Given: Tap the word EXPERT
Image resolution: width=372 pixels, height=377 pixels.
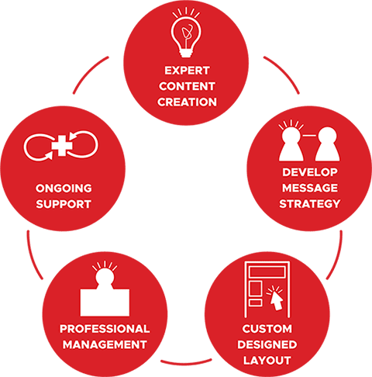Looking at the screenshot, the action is (x=187, y=71).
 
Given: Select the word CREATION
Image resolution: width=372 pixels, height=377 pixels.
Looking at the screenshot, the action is (x=187, y=102).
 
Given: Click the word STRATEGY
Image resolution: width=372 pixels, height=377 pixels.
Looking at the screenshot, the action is (x=310, y=204).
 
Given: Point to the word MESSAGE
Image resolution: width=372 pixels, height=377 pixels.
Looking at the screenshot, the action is (x=310, y=188).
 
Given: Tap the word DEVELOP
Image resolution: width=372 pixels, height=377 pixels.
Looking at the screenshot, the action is (x=310, y=172).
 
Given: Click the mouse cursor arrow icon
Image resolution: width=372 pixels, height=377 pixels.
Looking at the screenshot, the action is (x=276, y=298).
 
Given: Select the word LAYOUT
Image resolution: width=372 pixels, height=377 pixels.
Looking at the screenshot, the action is (x=267, y=361).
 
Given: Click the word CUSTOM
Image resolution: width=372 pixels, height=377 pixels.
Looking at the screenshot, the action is (x=267, y=329).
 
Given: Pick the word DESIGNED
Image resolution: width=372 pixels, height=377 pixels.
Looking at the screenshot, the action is (x=267, y=344).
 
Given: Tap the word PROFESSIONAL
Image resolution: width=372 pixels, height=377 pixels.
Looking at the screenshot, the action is (x=105, y=329).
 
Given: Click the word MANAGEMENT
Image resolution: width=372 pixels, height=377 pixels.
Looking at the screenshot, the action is (x=105, y=344).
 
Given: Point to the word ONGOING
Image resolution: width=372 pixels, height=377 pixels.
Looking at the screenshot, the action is (x=64, y=188).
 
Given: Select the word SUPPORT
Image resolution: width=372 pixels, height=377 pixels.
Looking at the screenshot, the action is (x=64, y=204).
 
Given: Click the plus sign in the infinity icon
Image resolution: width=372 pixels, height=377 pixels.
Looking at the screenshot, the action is (x=62, y=146).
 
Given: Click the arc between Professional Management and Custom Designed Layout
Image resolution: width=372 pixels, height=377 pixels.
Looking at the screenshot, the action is (x=186, y=362).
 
